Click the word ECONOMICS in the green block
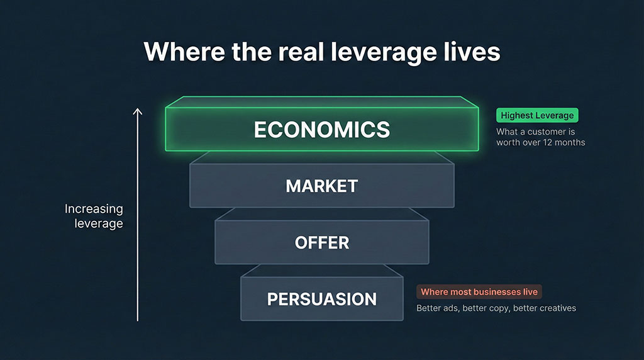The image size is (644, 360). (x=321, y=130)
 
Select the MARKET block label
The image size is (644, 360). (x=321, y=186)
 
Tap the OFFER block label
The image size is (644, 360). (x=321, y=243)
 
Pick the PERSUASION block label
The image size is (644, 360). (x=321, y=299)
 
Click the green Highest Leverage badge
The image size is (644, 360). (x=537, y=116)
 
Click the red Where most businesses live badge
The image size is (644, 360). (x=479, y=292)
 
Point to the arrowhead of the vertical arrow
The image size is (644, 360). (x=138, y=111)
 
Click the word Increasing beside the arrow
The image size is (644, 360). (x=94, y=209)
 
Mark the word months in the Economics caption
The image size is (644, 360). (x=574, y=143)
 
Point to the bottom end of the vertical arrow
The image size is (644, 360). (x=138, y=320)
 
